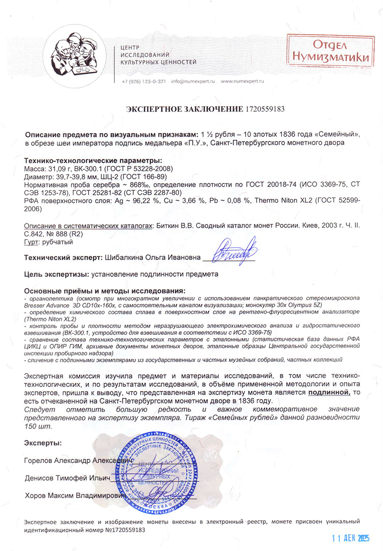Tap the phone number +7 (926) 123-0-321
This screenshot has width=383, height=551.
(144, 81)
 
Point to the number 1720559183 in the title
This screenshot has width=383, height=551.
(265, 109)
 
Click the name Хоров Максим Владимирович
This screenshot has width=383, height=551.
(75, 495)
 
